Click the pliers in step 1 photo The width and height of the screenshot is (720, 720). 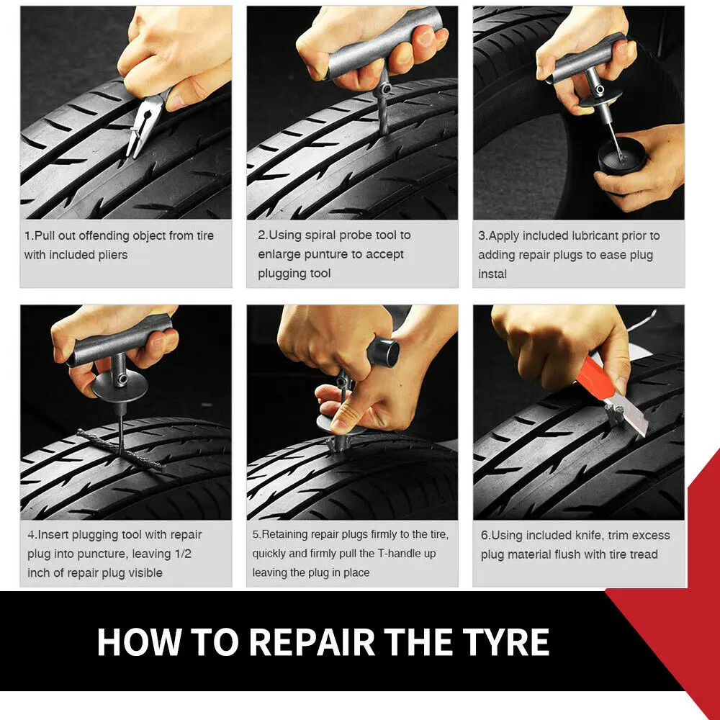(141, 130)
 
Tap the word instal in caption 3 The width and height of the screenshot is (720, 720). (492, 274)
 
